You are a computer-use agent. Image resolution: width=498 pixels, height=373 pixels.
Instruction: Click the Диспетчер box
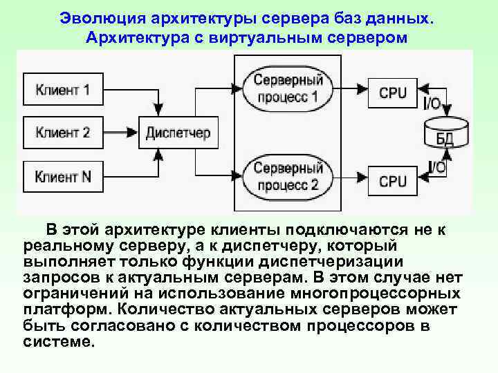pyautogui.click(x=178, y=133)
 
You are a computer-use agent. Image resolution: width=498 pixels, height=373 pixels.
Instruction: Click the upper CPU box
pyautogui.click(x=392, y=92)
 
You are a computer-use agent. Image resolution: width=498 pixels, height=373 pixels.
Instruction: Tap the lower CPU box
pyautogui.click(x=392, y=181)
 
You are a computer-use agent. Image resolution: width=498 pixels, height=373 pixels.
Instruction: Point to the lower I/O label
pyautogui.click(x=436, y=166)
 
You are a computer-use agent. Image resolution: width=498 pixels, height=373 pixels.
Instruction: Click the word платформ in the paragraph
pyautogui.click(x=66, y=308)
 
